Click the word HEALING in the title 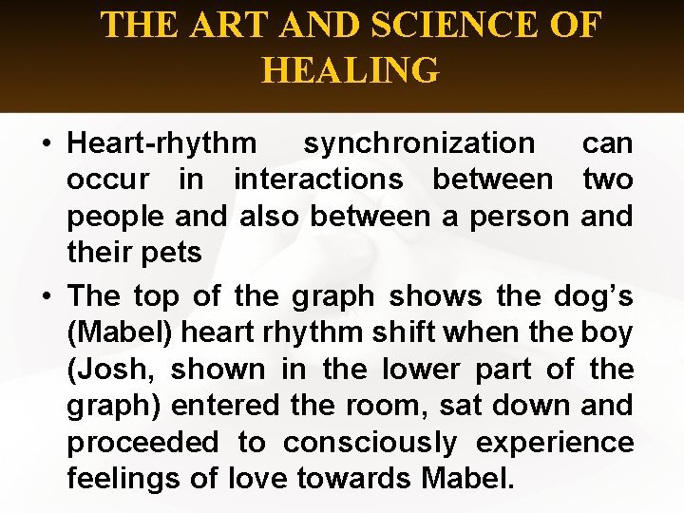pos(350,70)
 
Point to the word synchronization pos(419,143)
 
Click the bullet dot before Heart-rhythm pos(46,144)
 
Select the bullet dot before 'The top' pos(46,296)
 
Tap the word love pos(263,478)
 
